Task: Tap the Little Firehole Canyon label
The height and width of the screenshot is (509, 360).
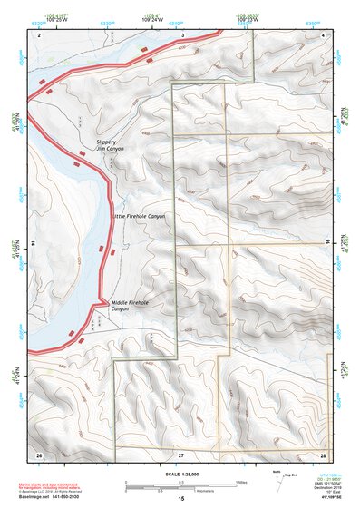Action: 139,217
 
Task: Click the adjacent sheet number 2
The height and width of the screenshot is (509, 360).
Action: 39,34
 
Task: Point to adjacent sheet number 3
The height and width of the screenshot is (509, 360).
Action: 181,34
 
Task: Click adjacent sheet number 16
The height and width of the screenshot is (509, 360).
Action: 329,241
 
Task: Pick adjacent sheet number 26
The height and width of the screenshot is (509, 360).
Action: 39,453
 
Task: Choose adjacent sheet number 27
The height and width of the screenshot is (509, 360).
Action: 181,453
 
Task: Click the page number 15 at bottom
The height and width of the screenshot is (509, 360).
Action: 181,499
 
